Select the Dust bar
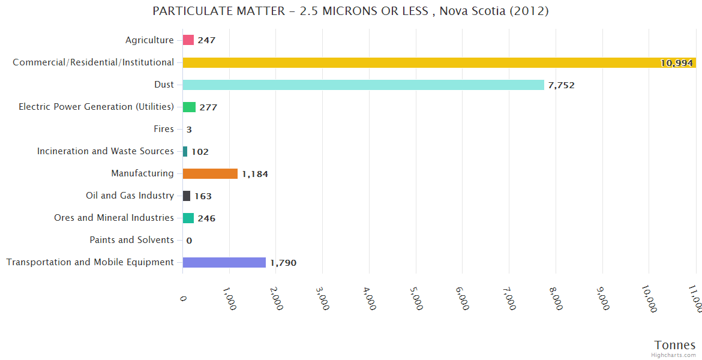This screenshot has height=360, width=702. pyautogui.click(x=363, y=85)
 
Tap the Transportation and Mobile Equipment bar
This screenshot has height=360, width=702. pyautogui.click(x=224, y=262)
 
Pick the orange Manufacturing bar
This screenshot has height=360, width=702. pyautogui.click(x=210, y=173)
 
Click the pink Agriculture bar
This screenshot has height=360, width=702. pyautogui.click(x=188, y=40)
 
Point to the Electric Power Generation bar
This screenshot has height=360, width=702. pyautogui.click(x=189, y=107)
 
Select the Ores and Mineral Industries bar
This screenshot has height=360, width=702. pyautogui.click(x=188, y=218)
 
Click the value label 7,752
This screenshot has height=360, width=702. pyautogui.click(x=561, y=85)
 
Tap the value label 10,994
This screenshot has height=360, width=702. pyautogui.click(x=676, y=63)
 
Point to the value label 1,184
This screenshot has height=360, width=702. pyautogui.click(x=255, y=174)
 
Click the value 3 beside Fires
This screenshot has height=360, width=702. pyautogui.click(x=189, y=130)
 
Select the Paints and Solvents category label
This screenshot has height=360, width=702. pyautogui.click(x=131, y=240)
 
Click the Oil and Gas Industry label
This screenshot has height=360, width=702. pyautogui.click(x=130, y=196)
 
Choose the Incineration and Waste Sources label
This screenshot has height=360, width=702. pyautogui.click(x=105, y=151)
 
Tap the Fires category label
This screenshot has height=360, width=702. pyautogui.click(x=164, y=129)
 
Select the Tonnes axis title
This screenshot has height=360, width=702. pyautogui.click(x=674, y=345)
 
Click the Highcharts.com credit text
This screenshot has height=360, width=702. pyautogui.click(x=674, y=355)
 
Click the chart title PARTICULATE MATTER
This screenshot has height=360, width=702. pyautogui.click(x=350, y=11)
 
